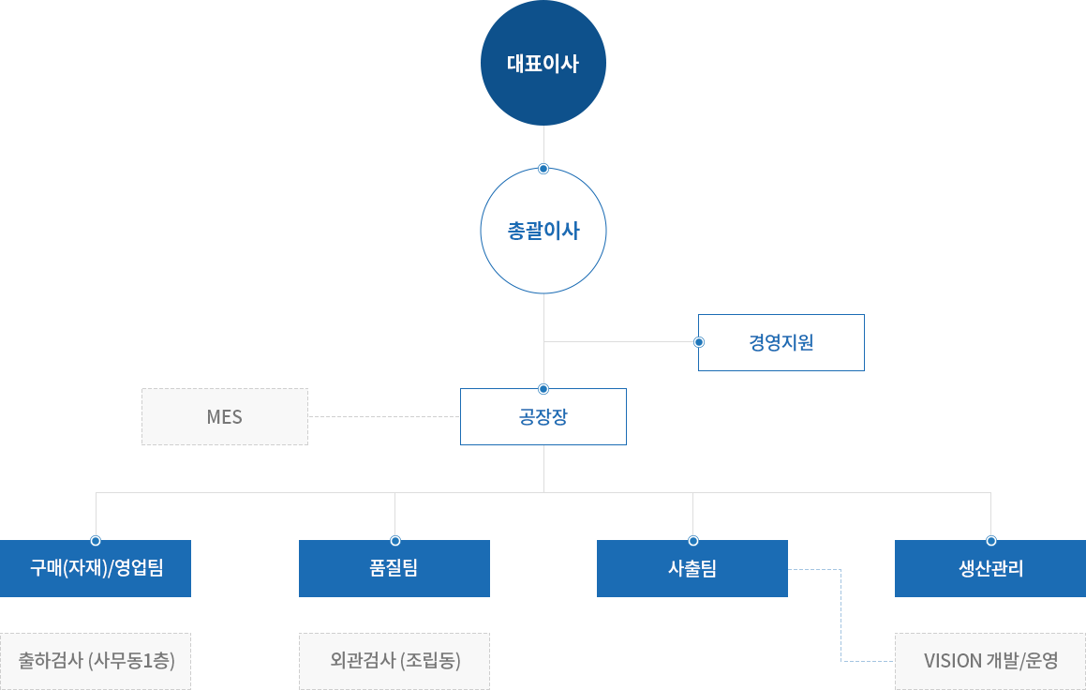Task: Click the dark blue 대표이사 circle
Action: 543,63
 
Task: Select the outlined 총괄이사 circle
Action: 543,231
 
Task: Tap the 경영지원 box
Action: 781,342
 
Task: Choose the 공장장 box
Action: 543,416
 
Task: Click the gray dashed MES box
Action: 224,416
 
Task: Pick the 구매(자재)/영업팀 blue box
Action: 96,568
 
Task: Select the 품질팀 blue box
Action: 394,568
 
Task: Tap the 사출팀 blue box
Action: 692,568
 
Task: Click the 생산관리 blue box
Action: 990,568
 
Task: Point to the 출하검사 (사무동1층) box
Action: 96,661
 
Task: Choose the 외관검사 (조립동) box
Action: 394,661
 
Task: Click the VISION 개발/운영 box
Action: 990,661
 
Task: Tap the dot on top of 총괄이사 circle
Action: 543,169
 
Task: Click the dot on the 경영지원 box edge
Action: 699,342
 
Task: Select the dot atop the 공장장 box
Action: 543,389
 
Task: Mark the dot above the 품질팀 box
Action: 394,540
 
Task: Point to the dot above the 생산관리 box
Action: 991,540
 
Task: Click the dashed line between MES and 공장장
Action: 384,416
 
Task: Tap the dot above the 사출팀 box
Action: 693,540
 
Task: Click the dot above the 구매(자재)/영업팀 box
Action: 96,540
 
